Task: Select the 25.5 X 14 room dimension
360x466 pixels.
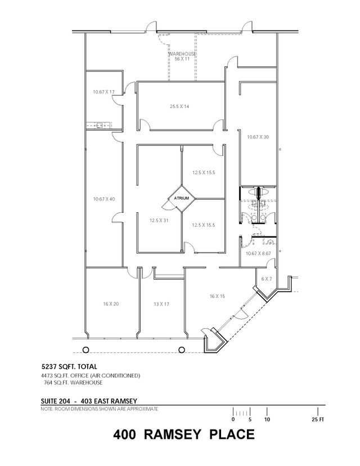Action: point(179,106)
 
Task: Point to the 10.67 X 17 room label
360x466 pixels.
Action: point(103,92)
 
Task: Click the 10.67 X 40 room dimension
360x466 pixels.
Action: point(103,199)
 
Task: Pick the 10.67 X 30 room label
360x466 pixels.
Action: point(258,136)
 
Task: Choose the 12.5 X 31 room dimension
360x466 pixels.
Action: point(159,221)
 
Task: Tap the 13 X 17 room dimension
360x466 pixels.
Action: point(161,304)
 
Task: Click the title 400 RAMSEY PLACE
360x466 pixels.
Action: point(184,434)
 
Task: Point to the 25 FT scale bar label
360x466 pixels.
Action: point(318,419)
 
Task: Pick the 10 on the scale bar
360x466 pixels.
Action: point(267,419)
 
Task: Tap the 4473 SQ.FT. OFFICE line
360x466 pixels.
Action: point(90,375)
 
